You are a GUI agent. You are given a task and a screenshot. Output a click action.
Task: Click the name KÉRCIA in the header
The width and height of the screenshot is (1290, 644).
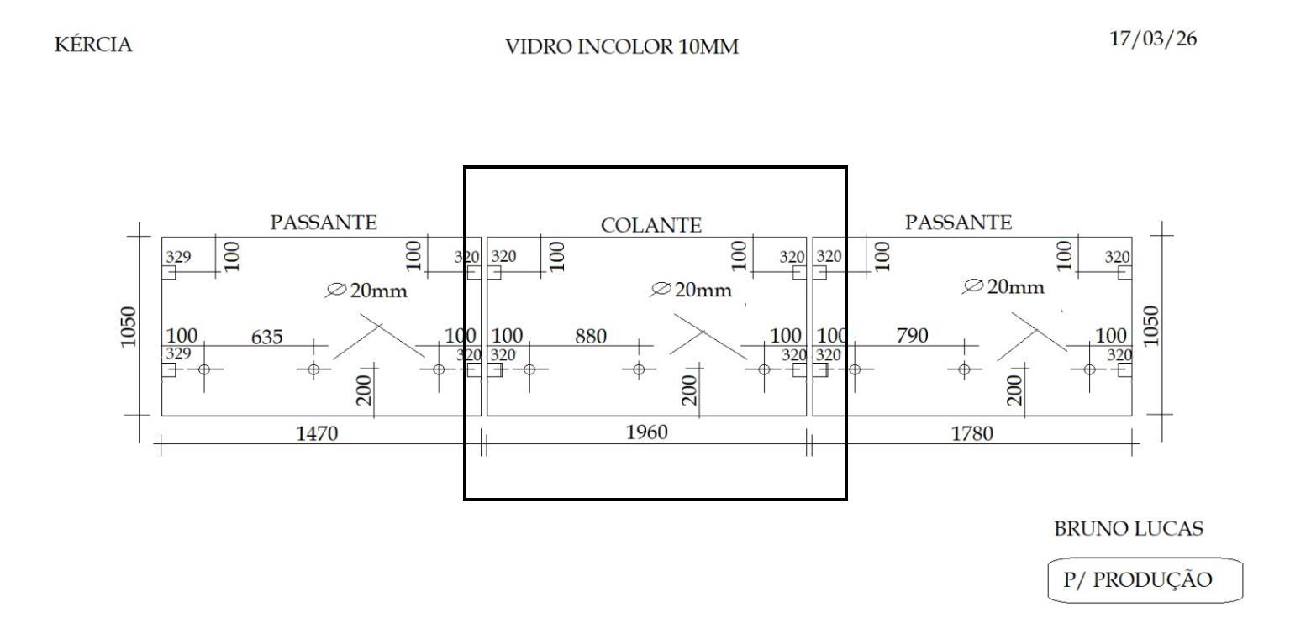[93, 45]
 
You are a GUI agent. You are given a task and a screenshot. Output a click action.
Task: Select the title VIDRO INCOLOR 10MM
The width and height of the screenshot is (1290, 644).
[622, 47]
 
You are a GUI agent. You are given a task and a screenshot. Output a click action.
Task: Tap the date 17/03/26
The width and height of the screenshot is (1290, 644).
[1153, 39]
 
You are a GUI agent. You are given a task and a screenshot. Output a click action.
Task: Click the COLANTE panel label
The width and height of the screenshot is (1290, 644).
[650, 225]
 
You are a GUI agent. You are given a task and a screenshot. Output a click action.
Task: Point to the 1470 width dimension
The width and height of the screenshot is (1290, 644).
[317, 433]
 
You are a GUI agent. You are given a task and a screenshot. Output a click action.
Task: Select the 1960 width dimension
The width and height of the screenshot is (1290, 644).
[647, 432]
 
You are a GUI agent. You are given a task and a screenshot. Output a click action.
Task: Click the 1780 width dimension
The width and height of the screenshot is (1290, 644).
[972, 433]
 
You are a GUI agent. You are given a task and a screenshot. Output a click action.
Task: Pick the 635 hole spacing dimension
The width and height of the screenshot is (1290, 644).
[266, 337]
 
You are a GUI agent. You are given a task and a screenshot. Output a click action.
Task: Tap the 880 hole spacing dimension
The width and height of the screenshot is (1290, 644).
[591, 336]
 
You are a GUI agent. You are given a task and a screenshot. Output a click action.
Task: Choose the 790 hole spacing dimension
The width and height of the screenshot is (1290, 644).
[912, 335]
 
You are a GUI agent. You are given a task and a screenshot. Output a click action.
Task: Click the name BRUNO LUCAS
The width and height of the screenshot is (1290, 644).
[1129, 529]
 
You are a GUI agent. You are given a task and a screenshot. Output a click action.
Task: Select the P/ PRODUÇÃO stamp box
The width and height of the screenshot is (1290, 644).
[1145, 580]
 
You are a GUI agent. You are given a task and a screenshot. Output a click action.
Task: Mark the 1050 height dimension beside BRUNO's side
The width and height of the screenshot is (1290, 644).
[1150, 326]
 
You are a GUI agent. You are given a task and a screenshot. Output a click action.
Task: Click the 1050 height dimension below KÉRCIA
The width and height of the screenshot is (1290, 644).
[128, 327]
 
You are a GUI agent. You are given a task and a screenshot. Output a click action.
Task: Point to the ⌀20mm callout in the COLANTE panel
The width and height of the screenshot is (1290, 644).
[691, 290]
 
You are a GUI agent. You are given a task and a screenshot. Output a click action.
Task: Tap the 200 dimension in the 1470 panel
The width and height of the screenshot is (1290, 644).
[364, 390]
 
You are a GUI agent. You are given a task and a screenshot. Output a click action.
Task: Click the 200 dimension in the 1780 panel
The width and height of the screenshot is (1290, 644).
[1014, 390]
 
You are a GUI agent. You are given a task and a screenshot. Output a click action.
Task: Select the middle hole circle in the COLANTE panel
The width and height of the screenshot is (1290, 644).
[639, 369]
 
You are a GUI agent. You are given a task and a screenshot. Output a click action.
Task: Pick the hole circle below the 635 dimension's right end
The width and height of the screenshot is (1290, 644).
[313, 369]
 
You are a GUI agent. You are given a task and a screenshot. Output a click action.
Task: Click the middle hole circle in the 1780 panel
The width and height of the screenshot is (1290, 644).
[964, 369]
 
